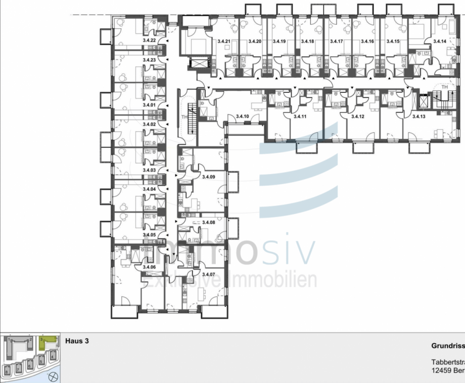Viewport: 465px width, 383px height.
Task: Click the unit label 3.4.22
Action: pos(149,40)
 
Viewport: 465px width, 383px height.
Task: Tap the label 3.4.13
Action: pos(419,117)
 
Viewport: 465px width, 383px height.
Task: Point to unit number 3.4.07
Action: pos(208,275)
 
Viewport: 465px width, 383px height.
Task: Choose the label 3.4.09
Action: pos(208,177)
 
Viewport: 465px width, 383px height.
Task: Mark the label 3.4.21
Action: pos(223,41)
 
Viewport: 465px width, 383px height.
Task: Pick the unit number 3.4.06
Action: pos(149,267)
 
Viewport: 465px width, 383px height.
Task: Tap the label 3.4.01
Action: pos(149,105)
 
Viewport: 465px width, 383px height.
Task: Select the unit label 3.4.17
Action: pos(337,41)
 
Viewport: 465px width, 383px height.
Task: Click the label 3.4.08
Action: pos(208,222)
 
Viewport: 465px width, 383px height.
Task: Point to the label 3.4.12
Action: pos(358,117)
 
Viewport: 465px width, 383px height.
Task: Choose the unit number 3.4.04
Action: pos(149,189)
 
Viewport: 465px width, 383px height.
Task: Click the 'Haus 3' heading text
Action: pos(77,341)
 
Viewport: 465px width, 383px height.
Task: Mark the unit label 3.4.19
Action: pos(279,41)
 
